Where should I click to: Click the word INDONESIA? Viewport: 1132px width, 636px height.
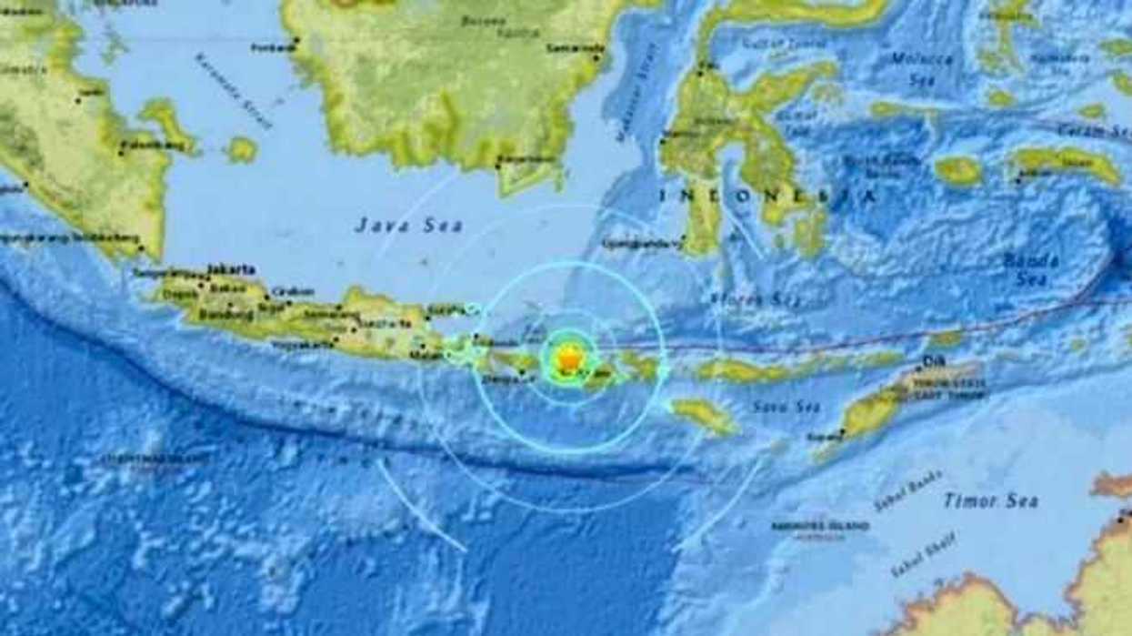pos(768,195)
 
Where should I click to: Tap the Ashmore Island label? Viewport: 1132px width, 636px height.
pos(831,528)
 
